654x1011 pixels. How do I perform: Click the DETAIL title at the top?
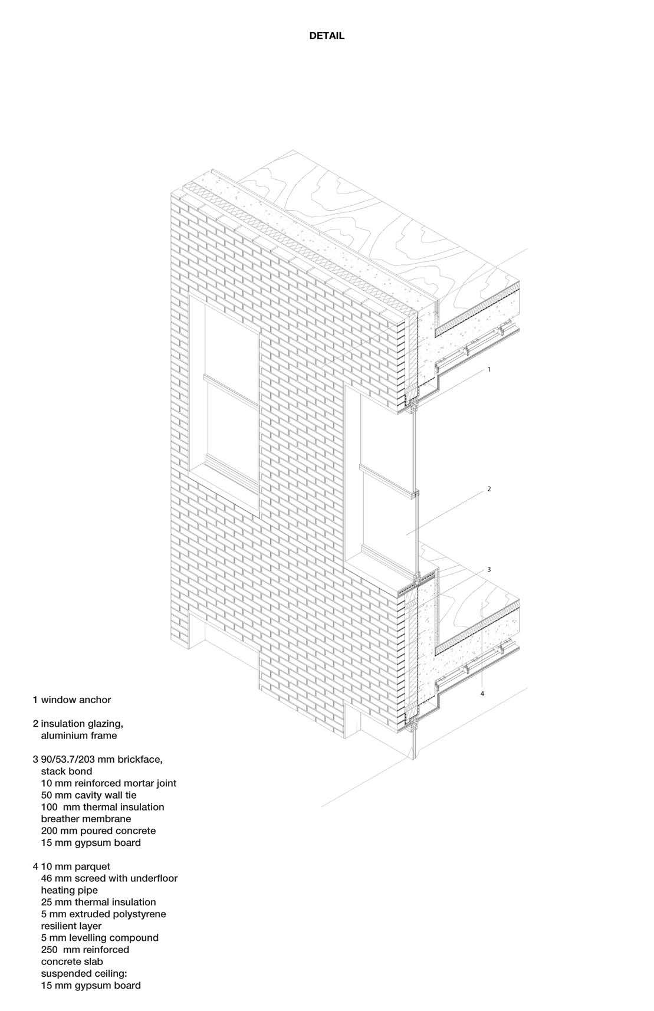327,36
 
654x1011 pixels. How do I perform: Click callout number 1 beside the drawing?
489,369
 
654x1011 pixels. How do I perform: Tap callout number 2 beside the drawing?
489,489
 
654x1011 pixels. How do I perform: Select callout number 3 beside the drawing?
489,570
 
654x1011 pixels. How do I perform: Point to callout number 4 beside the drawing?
482,694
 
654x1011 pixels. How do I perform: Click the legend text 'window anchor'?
75,700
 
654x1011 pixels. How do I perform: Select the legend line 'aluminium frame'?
78,736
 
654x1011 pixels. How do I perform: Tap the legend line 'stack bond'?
66,771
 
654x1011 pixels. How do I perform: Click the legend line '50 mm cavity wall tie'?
88,795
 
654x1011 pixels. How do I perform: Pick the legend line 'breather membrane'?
86,819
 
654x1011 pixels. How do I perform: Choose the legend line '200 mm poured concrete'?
98,831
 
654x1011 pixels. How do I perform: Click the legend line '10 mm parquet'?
75,866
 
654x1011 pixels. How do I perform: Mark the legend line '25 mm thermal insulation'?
98,902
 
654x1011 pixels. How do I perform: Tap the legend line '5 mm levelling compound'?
100,937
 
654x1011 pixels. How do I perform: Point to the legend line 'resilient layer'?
71,925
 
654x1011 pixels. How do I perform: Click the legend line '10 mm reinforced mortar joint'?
109,783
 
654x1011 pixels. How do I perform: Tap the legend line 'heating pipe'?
69,890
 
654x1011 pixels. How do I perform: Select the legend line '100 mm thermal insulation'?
103,807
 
